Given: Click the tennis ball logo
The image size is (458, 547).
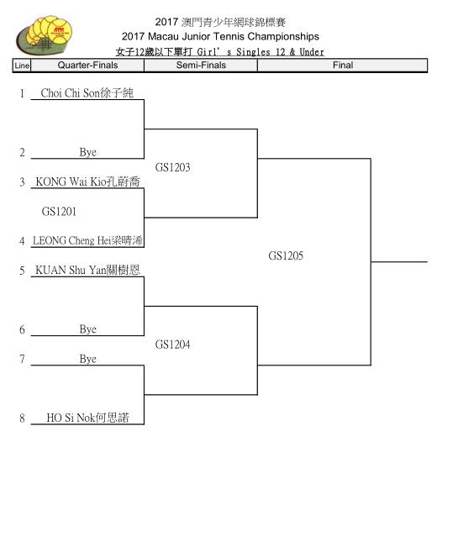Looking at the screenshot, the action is point(44,35).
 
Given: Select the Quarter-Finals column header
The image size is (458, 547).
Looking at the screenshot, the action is point(87,66).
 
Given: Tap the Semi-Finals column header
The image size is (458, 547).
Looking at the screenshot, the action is point(201,66).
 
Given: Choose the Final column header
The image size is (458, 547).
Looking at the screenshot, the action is point(343,66).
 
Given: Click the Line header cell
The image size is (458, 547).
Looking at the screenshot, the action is point(22,66).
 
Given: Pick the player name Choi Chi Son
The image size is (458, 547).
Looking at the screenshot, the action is point(87,93).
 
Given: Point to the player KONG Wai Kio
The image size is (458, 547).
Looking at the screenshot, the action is point(87,181).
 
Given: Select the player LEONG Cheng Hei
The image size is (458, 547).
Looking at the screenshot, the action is point(87,240).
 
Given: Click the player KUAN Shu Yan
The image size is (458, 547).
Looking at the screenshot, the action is point(87,270).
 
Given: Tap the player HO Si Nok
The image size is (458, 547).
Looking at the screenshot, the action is point(87,418).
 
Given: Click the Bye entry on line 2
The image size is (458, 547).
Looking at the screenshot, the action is point(88,152).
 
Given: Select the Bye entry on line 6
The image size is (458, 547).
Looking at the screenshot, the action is point(88,329).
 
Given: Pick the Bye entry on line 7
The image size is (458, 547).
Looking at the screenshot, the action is point(88,359).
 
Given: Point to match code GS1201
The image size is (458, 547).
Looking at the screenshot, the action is point(59,212).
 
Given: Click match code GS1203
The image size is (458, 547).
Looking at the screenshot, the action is point(172,167).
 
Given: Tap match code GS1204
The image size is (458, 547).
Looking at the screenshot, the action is point(172,345).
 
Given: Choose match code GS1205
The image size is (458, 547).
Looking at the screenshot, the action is point(286,256).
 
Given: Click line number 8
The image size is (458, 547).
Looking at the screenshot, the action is point(22,418).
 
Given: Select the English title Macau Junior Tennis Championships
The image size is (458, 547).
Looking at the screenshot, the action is point(233,37).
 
